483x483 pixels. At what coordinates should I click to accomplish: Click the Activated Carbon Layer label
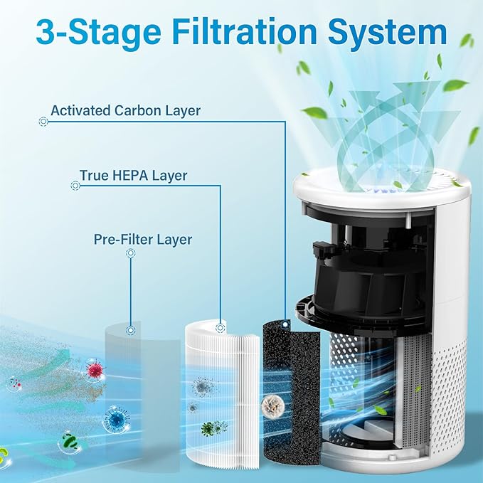pyautogui.click(x=125, y=111)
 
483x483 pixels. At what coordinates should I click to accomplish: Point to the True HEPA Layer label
pyautogui.click(x=134, y=175)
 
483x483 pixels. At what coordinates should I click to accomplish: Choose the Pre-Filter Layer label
pyautogui.click(x=143, y=239)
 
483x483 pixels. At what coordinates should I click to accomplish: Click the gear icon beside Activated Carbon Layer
pyautogui.click(x=43, y=122)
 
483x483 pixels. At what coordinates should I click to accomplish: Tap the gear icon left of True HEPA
pyautogui.click(x=75, y=186)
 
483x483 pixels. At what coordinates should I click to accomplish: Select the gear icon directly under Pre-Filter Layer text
pyautogui.click(x=131, y=253)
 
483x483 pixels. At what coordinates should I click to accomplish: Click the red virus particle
pyautogui.click(x=94, y=370)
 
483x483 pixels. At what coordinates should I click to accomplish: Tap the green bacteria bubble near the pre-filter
pyautogui.click(x=69, y=442)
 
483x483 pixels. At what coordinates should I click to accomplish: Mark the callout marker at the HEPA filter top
pyautogui.click(x=221, y=328)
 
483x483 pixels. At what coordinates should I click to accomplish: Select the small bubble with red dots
pyautogui.click(x=14, y=384)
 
